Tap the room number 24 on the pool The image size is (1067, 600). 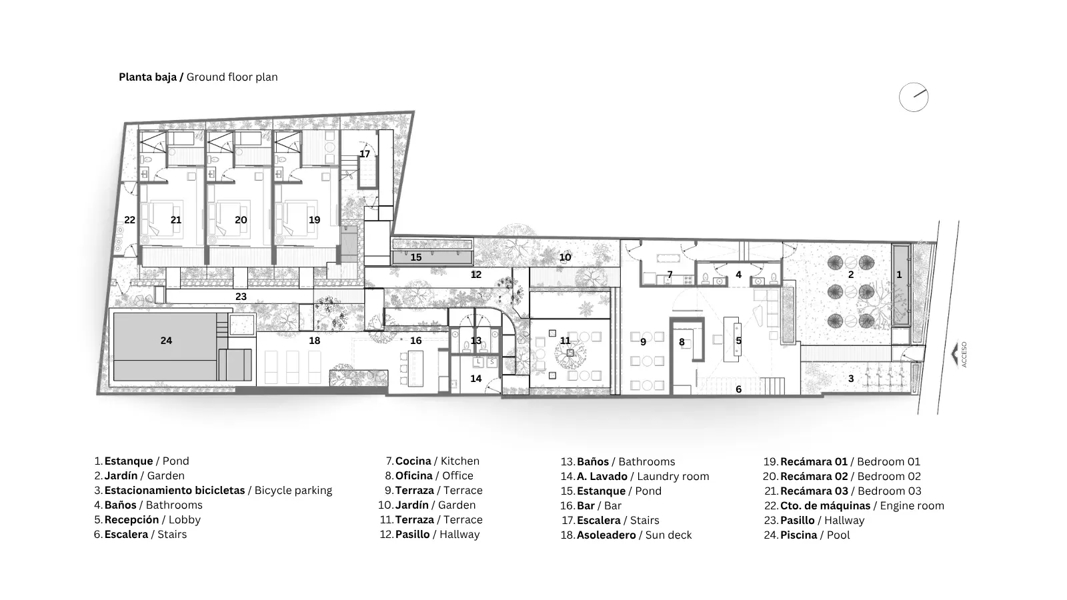coord(166,341)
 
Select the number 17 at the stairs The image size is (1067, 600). coord(364,154)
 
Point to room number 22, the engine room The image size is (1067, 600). coord(129,219)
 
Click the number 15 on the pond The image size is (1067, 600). coord(416,257)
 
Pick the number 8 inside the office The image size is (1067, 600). coord(682,342)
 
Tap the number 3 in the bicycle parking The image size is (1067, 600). coord(851,379)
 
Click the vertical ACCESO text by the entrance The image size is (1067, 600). coord(964,354)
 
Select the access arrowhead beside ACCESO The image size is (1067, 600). coord(954,355)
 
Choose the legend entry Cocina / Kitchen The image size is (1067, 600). coord(437,461)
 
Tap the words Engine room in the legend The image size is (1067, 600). coord(912,506)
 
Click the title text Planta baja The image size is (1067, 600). coord(147,77)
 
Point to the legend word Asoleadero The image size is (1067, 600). coord(606,535)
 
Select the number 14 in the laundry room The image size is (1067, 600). coord(476,379)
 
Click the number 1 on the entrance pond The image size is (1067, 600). coord(900,274)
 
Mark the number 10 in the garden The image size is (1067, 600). coord(565,257)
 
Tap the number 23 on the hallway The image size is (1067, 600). coord(241,296)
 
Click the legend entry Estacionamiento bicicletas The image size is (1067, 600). coord(174,490)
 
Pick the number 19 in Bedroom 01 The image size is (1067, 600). coord(314,219)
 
